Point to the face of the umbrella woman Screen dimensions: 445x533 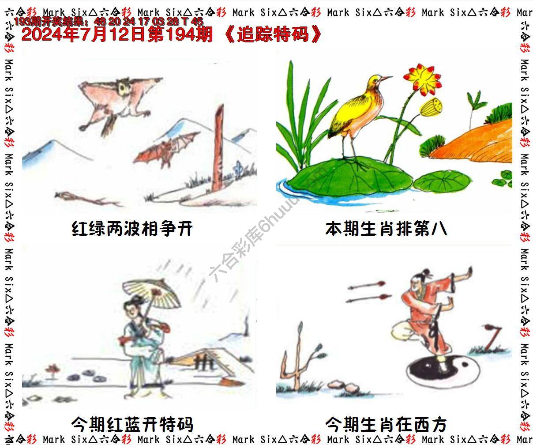click(x=133, y=307)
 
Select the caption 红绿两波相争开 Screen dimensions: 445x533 click(x=132, y=229)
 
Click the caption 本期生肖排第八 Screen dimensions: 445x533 click(x=386, y=229)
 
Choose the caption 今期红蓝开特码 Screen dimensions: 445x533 click(x=132, y=424)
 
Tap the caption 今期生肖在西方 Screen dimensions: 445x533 click(x=386, y=424)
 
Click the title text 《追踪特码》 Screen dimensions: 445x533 click(x=274, y=34)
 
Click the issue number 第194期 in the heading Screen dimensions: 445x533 click(x=180, y=34)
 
